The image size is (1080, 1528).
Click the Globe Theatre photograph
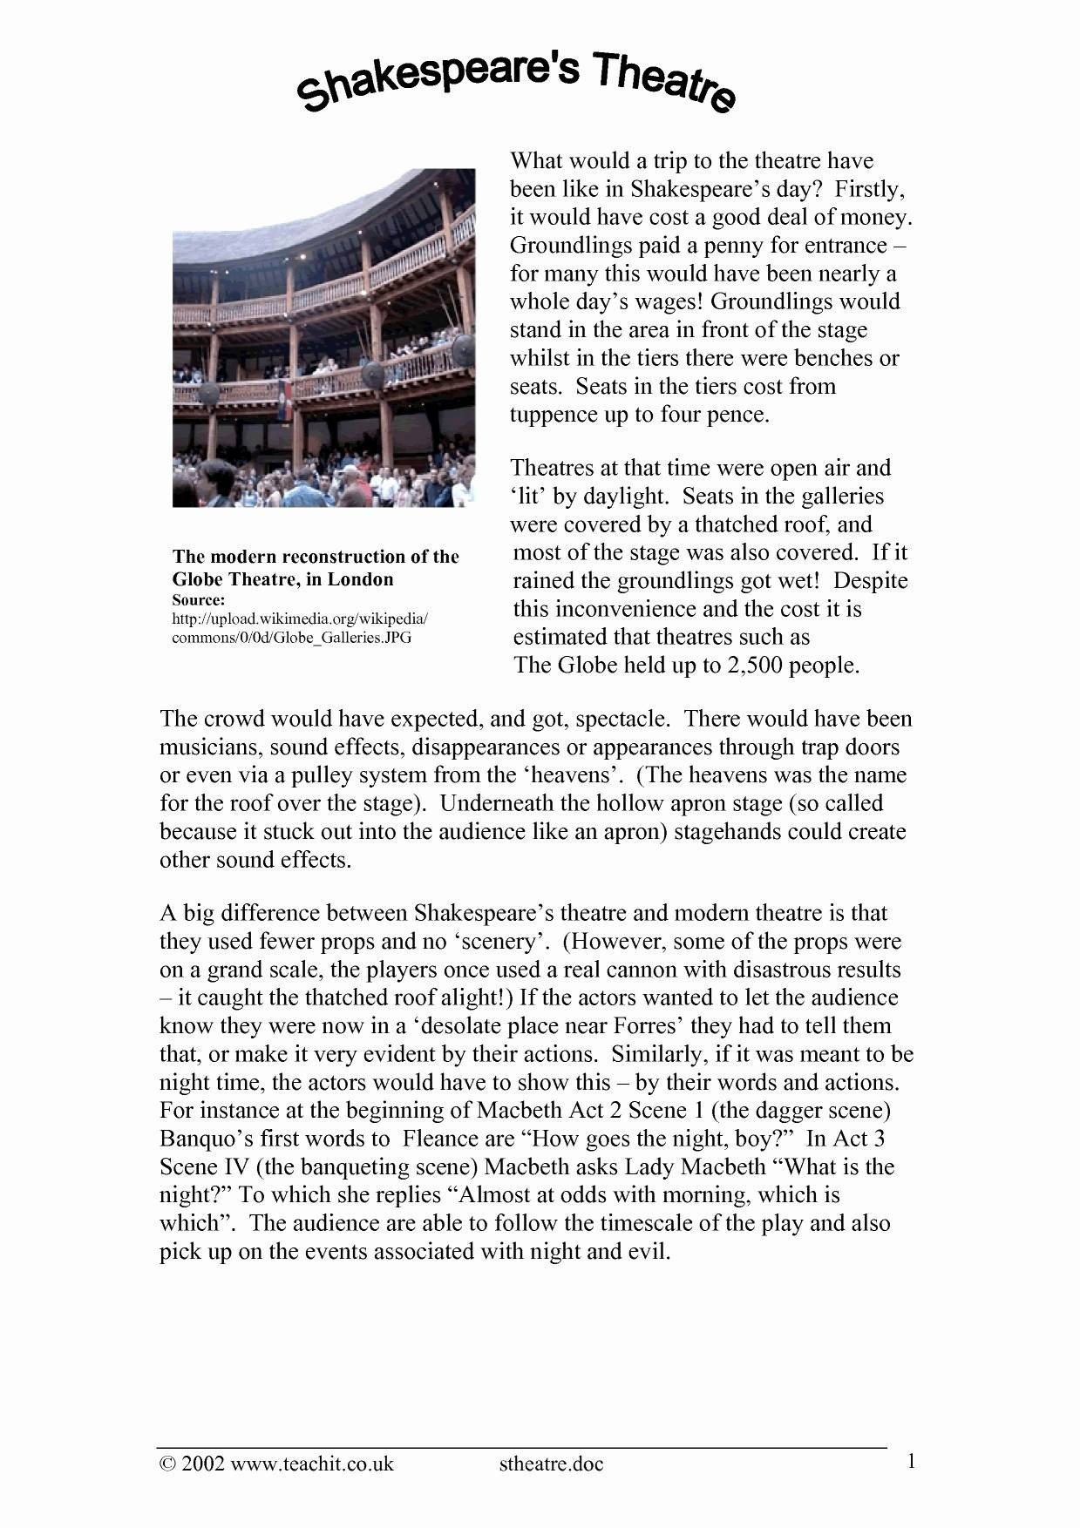[323, 338]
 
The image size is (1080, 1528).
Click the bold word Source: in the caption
[199, 601]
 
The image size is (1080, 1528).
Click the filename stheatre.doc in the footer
[551, 1464]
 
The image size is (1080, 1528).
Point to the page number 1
[911, 1462]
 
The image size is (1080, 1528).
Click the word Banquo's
[200, 1139]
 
